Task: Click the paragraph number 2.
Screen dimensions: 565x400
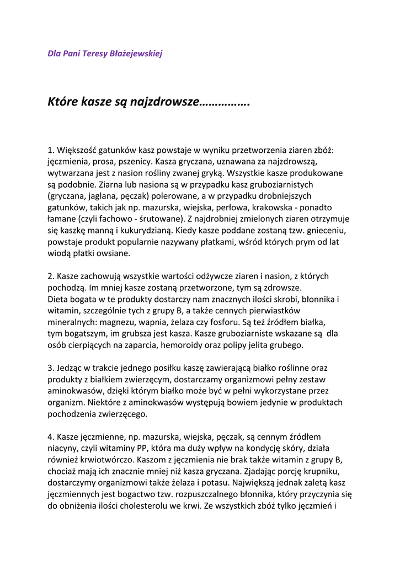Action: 50,276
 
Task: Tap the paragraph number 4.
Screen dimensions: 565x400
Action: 50,438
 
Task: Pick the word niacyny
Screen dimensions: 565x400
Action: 63,449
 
